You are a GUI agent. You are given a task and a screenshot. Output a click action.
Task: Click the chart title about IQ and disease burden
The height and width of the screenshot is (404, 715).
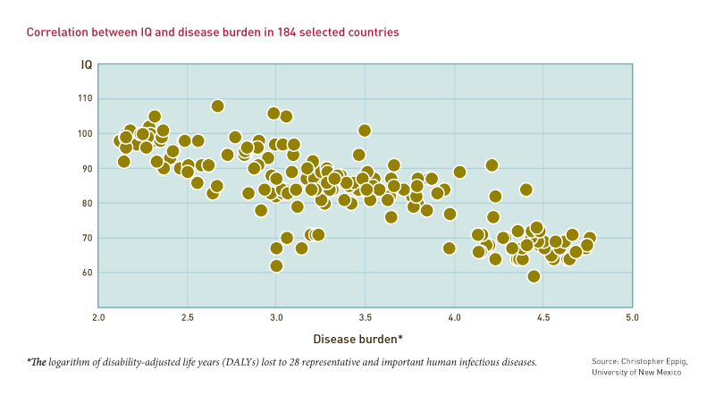point(213,31)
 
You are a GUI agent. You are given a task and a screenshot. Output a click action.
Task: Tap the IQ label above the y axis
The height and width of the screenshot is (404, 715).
point(87,65)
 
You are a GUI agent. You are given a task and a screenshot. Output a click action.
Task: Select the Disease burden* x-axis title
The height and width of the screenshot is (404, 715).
point(357,339)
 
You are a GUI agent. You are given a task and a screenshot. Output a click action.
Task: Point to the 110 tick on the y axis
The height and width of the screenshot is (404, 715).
point(86,99)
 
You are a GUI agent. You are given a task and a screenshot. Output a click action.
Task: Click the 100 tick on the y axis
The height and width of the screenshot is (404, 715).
point(86,134)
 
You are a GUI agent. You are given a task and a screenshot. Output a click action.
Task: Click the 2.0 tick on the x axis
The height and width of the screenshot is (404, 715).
point(98,317)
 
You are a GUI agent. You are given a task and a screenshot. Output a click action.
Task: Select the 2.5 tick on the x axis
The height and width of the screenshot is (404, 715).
point(187,317)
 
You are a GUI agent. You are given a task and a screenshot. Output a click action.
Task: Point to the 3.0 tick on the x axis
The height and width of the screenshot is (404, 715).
point(276,317)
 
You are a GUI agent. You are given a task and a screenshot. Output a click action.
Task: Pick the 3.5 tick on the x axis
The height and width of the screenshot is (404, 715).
point(365,317)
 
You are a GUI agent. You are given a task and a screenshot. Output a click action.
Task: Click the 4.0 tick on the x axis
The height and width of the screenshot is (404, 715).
point(454,317)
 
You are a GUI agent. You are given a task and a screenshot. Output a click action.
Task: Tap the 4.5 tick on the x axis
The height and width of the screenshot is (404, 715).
point(543,317)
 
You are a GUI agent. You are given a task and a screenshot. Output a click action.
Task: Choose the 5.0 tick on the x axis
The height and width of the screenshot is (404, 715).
point(632,317)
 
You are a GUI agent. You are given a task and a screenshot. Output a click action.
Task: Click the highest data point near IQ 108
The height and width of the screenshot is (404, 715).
point(217,106)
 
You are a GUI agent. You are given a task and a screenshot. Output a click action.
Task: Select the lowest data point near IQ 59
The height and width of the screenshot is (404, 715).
point(534,276)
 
